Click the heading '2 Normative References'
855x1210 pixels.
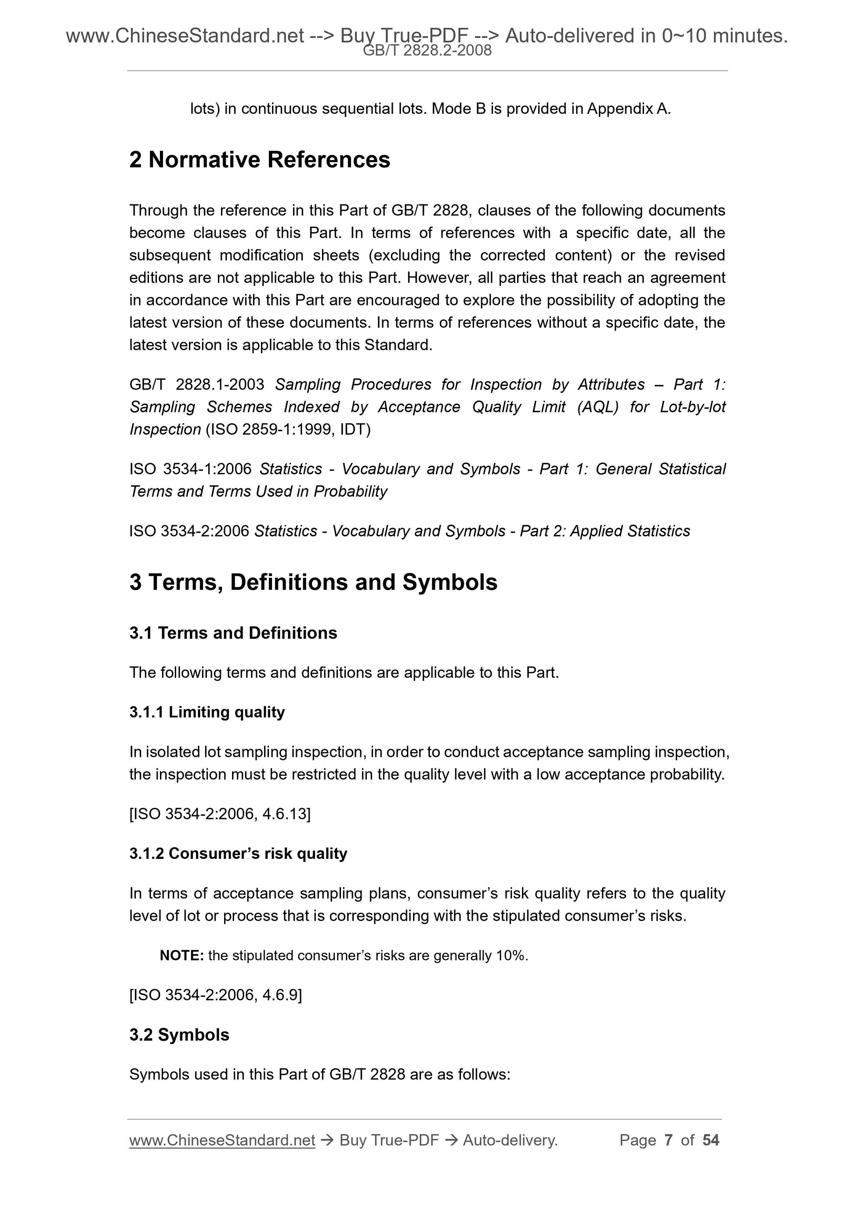(x=259, y=160)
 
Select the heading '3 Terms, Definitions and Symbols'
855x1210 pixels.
(x=313, y=582)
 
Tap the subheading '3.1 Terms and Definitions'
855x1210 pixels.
(x=233, y=633)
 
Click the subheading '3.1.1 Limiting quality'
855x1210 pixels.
(x=207, y=712)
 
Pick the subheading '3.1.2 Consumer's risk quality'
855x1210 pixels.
(x=238, y=853)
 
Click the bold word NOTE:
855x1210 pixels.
(x=181, y=956)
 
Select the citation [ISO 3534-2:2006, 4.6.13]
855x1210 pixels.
(x=220, y=814)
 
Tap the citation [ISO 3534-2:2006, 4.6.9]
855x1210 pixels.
(x=215, y=995)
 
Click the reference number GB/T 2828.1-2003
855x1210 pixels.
(x=196, y=384)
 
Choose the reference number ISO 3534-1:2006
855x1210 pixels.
(x=190, y=469)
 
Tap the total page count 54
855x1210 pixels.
(x=710, y=1140)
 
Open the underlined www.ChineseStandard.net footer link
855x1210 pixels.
(x=222, y=1140)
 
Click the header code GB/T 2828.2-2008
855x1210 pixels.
(x=427, y=51)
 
